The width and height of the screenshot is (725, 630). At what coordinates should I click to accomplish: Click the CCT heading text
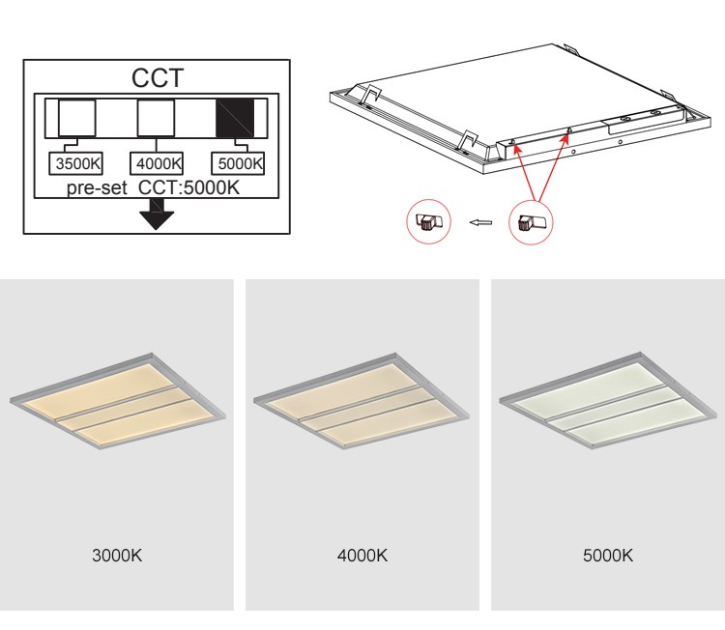(157, 76)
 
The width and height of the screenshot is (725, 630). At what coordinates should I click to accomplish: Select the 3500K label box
(78, 162)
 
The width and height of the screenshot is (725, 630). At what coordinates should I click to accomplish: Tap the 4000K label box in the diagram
(157, 162)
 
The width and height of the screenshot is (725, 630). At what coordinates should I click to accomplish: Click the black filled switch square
(234, 116)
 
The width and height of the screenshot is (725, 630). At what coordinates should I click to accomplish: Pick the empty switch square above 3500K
(77, 116)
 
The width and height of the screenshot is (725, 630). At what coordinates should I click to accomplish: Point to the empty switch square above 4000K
(156, 116)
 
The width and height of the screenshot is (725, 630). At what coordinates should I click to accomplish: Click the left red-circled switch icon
(425, 221)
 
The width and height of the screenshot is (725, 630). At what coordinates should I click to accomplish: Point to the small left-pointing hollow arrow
(479, 223)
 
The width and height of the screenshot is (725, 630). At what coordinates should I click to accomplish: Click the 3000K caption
(116, 556)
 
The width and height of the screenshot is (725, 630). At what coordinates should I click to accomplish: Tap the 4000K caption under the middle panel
(362, 556)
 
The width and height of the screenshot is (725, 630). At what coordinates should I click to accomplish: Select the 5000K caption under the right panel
(608, 556)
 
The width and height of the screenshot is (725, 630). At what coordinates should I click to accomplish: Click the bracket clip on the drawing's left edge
(370, 93)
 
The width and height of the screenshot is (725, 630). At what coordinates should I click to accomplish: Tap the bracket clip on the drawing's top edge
(570, 48)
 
